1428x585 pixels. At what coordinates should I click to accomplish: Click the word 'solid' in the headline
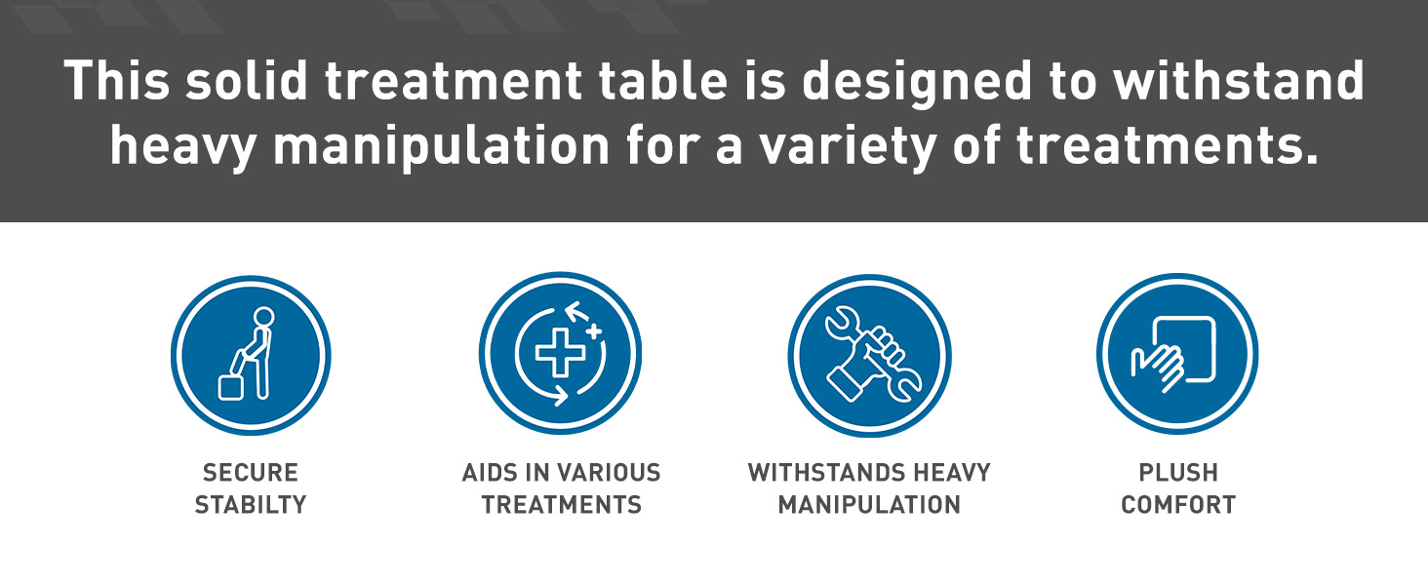coord(247,80)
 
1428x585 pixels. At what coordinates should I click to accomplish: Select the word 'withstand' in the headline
coord(1238,80)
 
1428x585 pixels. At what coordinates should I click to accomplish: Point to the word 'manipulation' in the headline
coord(441,146)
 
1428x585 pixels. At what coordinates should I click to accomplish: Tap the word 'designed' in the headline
coord(917,82)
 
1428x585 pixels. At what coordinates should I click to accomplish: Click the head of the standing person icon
coord(263,317)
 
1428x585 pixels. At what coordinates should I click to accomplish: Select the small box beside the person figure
coord(230,388)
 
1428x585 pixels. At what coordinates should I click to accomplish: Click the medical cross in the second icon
coord(560,352)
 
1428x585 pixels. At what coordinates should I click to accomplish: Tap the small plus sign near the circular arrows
coord(593,331)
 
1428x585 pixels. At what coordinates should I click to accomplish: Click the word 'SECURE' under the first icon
coord(251,473)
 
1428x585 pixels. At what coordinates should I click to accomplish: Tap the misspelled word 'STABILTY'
coord(251,505)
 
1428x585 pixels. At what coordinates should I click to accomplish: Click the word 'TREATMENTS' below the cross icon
coord(561,505)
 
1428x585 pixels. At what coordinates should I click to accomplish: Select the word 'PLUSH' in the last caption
coord(1178,473)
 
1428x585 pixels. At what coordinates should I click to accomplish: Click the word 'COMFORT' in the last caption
coord(1178,505)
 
